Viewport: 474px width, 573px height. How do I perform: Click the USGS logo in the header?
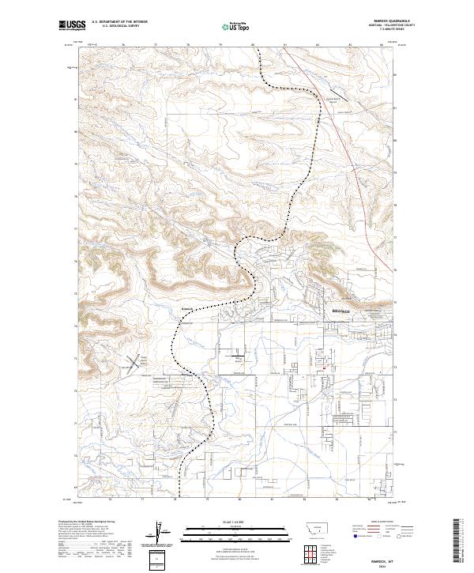(71, 26)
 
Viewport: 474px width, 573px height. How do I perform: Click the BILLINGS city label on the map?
(340, 311)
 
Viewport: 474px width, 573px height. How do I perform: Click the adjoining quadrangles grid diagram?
(315, 553)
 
